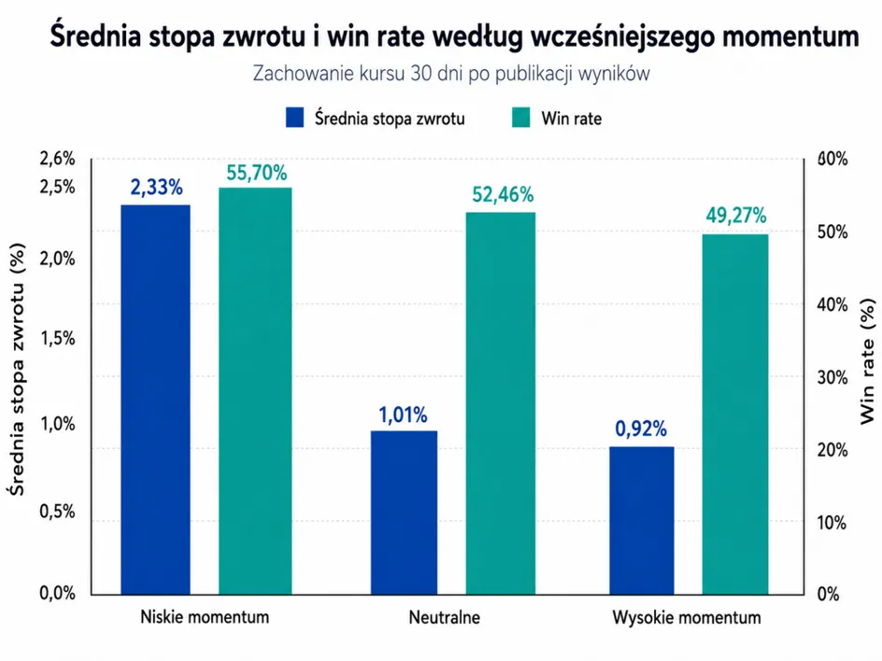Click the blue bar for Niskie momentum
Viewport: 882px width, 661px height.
[x=156, y=400]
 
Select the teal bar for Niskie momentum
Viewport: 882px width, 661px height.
[x=255, y=390]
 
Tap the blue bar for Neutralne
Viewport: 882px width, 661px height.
[x=404, y=513]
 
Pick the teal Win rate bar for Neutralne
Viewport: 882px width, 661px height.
[x=501, y=403]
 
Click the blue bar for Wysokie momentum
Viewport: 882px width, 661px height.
[x=642, y=520]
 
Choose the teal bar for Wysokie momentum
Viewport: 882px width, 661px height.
[x=735, y=415]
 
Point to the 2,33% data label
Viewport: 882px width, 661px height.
[x=156, y=187]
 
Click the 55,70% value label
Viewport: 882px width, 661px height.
[x=257, y=173]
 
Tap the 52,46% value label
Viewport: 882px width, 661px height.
[x=503, y=194]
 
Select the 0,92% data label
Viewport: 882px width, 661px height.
[x=641, y=429]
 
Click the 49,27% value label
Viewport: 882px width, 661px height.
[x=735, y=216]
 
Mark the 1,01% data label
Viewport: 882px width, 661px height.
[x=403, y=415]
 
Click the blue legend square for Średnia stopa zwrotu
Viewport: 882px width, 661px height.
[x=294, y=118]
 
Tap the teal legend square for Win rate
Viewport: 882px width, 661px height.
[x=520, y=118]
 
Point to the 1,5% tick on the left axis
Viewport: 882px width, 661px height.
[x=57, y=338]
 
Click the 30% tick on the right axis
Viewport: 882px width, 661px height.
[x=832, y=377]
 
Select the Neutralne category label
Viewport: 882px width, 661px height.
[x=445, y=617]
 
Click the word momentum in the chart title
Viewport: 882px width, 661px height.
[x=790, y=36]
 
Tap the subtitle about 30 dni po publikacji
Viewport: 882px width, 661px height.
[x=451, y=73]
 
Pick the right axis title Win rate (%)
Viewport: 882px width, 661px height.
[x=868, y=361]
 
